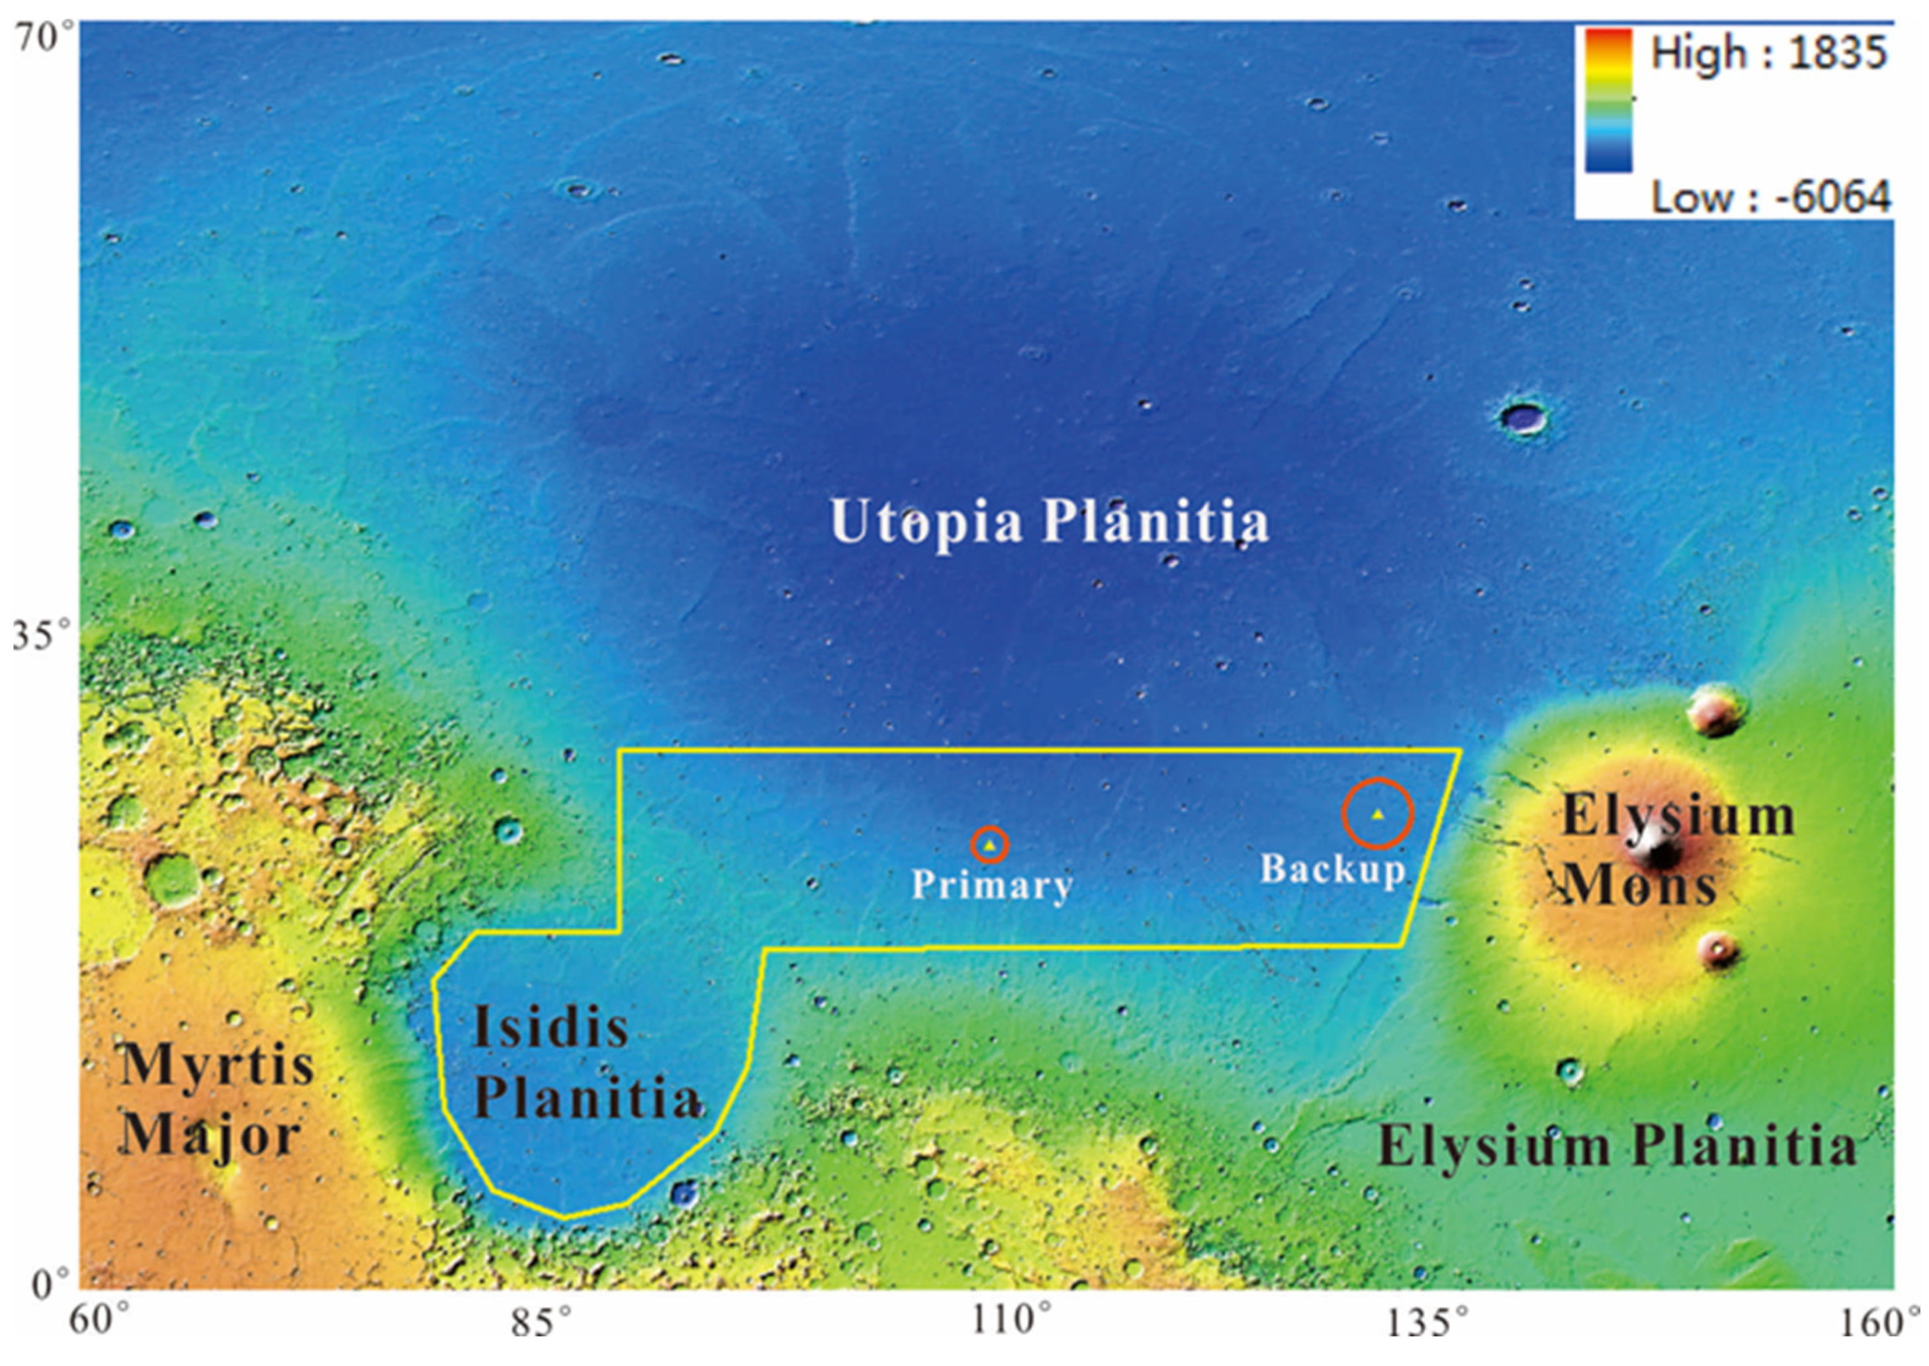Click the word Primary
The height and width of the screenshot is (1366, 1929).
[x=992, y=885]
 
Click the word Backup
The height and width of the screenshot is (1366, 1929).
[x=1331, y=869]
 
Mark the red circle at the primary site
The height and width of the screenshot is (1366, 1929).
[x=990, y=845]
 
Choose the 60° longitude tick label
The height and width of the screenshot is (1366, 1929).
[x=99, y=1320]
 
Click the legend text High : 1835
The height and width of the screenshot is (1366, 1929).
[x=1768, y=53]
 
